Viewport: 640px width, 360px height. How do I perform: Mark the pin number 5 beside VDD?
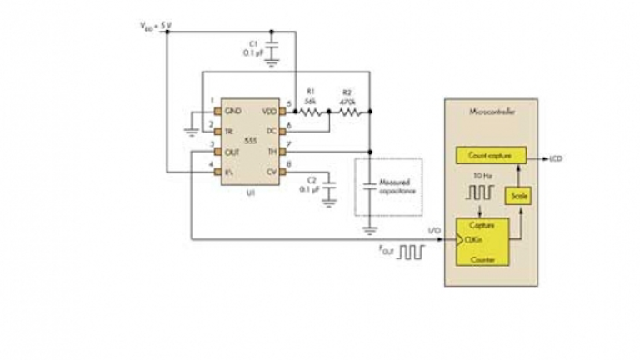(x=289, y=103)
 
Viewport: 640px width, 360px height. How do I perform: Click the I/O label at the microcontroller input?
(x=433, y=231)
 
